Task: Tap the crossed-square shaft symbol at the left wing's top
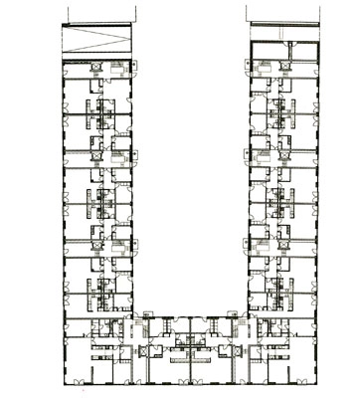[94, 64]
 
